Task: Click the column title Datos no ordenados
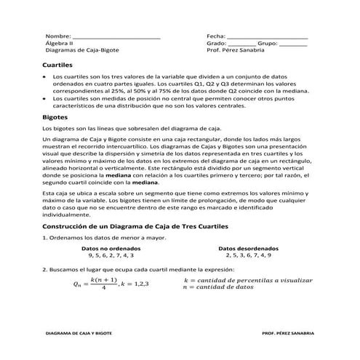pyautogui.click(x=111, y=249)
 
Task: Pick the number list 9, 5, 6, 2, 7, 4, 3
pyautogui.click(x=111, y=256)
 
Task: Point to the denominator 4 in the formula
pyautogui.click(x=105, y=288)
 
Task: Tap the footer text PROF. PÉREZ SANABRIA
pyautogui.click(x=288, y=332)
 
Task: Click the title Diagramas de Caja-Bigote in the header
pyautogui.click(x=82, y=52)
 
